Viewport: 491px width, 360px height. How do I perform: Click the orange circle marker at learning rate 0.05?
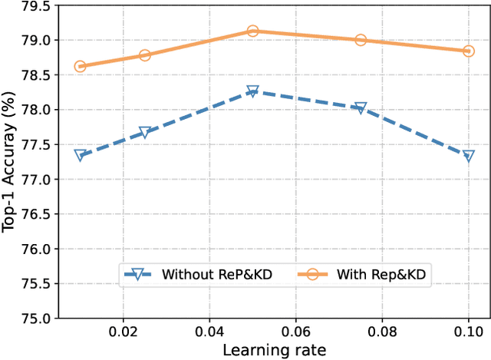pos(252,31)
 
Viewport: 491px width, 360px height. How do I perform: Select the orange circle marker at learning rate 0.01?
pos(80,67)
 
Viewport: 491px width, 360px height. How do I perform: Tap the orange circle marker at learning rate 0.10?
pos(468,51)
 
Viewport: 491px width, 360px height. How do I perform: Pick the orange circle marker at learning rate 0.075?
pos(361,40)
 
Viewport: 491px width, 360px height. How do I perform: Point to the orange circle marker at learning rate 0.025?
pos(144,55)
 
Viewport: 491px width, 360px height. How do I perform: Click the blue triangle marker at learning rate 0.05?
pos(252,91)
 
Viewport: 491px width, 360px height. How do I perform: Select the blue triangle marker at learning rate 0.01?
pos(80,155)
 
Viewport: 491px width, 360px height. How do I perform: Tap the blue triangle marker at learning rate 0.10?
pos(468,155)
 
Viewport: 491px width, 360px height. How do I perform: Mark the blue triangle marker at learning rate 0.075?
pos(361,108)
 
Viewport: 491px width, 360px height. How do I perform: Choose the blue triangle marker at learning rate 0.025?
pos(144,132)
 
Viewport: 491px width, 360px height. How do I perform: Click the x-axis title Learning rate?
pos(274,351)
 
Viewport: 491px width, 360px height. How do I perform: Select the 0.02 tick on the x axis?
pos(123,332)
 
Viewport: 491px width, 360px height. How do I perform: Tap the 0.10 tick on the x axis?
pos(468,332)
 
